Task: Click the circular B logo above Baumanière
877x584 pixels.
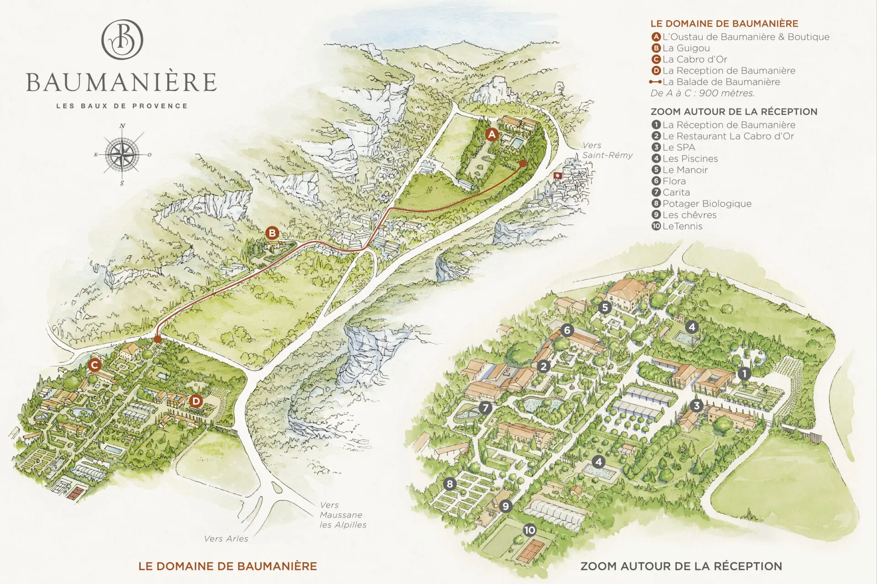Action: [x=122, y=39]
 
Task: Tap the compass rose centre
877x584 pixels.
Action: [x=122, y=154]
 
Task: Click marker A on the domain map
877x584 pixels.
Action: [x=491, y=134]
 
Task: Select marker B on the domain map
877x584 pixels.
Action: [x=272, y=233]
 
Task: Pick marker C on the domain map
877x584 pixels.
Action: [x=95, y=365]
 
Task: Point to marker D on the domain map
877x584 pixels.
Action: [x=196, y=401]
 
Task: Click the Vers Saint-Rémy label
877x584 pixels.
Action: [x=607, y=150]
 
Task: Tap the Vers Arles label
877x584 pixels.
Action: [x=226, y=539]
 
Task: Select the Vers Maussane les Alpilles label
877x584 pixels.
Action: [x=343, y=515]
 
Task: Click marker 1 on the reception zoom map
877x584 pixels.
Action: [x=744, y=374]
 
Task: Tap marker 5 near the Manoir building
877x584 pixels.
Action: [x=605, y=307]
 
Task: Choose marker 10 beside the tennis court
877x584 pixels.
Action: [x=529, y=530]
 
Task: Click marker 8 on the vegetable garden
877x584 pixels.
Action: [x=450, y=484]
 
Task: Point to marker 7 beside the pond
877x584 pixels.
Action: [x=485, y=408]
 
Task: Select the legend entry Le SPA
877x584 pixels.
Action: [x=678, y=147]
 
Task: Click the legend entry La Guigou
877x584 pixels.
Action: [x=686, y=48]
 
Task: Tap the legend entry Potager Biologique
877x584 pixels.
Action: [x=706, y=204]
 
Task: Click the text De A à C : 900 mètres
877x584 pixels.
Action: [x=702, y=93]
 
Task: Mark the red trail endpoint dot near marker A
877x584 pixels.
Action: [x=523, y=163]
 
